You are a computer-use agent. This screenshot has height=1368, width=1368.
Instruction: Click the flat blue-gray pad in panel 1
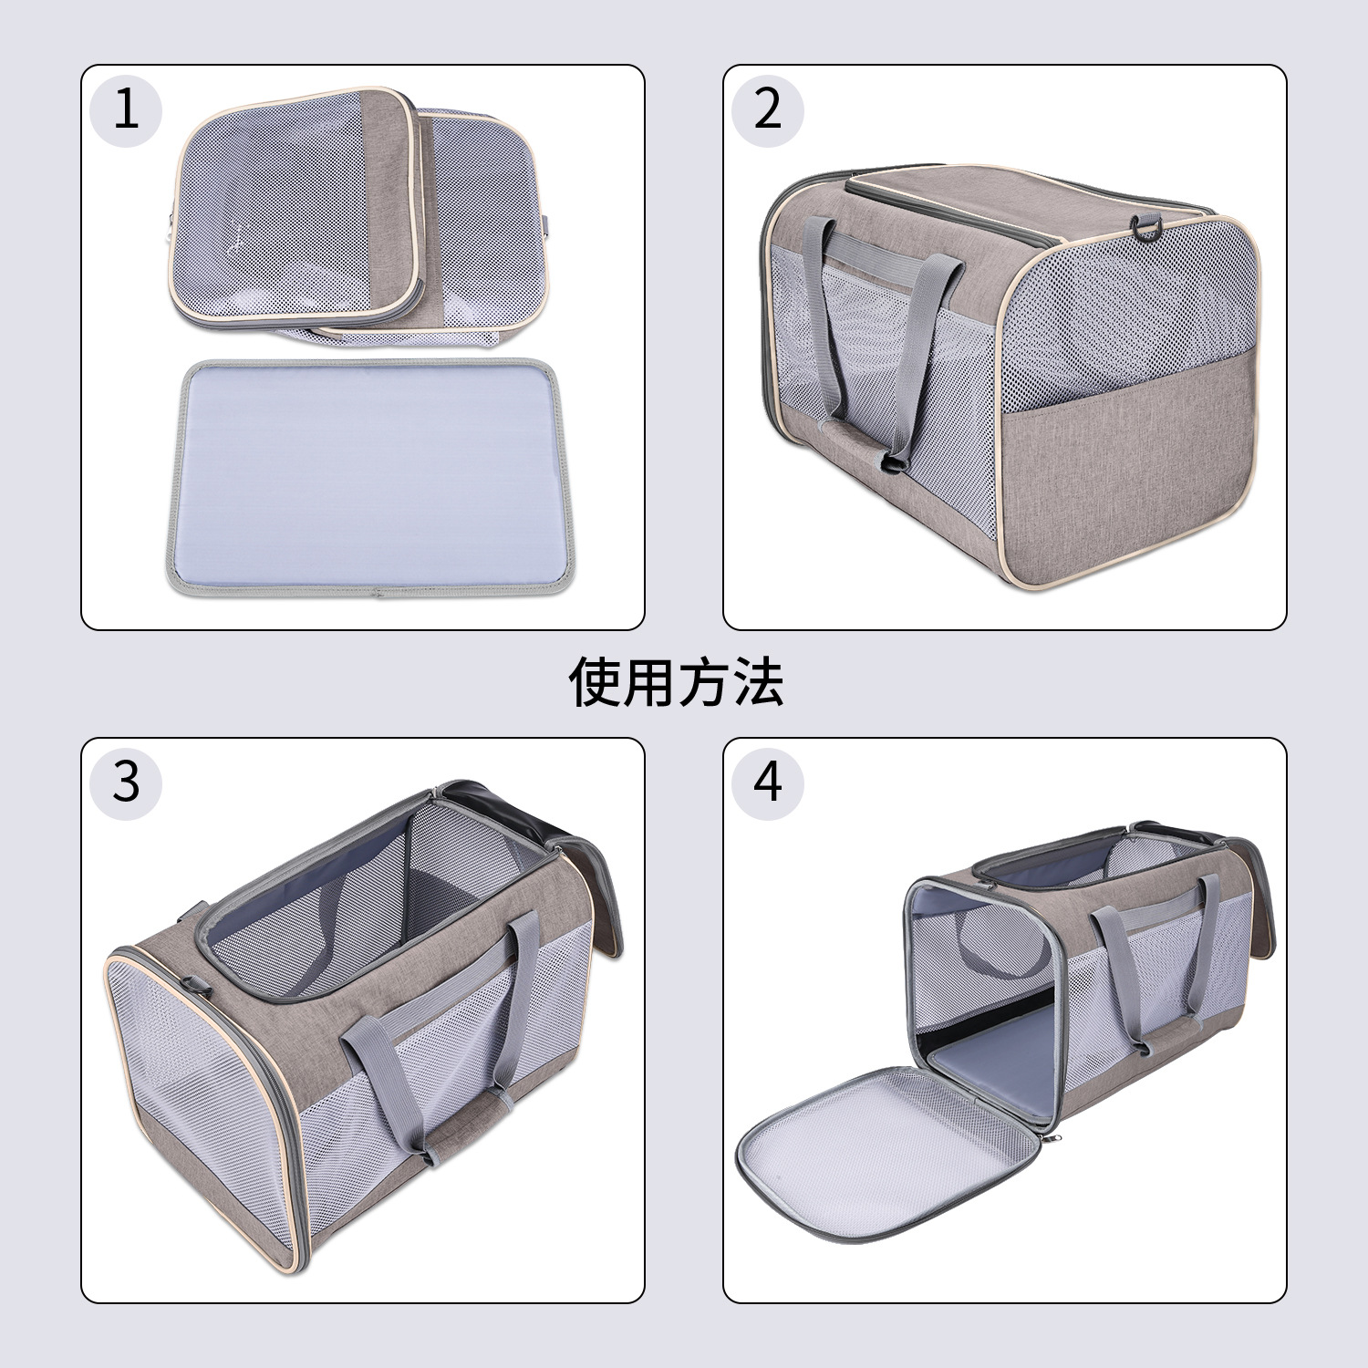point(367,474)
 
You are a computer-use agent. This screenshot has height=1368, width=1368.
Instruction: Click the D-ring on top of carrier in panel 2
point(1146,227)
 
